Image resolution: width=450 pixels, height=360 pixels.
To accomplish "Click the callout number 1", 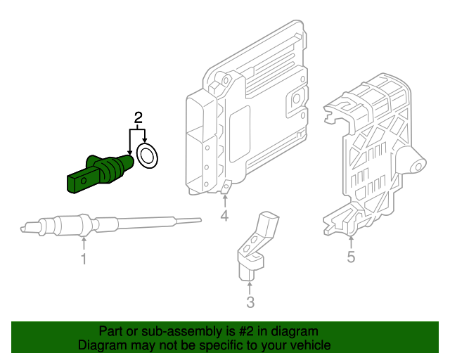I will click(x=83, y=260).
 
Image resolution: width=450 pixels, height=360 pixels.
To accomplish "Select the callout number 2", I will click(x=139, y=116).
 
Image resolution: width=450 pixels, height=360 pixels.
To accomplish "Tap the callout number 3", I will click(x=250, y=303).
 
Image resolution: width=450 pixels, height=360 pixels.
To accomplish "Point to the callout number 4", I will click(x=224, y=216).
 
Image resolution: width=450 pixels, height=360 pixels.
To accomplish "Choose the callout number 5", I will click(x=351, y=257).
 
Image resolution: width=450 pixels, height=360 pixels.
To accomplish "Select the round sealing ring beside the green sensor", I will click(x=148, y=157).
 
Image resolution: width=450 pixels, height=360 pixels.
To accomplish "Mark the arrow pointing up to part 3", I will click(x=250, y=286).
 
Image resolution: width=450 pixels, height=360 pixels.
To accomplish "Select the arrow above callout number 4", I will click(x=224, y=199).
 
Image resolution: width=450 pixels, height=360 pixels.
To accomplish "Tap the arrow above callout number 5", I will click(x=351, y=239).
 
